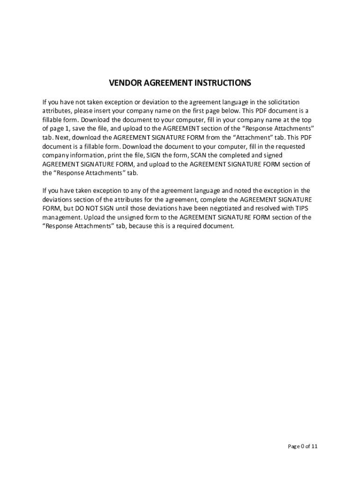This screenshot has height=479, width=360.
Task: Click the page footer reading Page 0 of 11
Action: [x=302, y=446]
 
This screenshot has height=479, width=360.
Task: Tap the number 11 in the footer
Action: [x=315, y=446]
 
